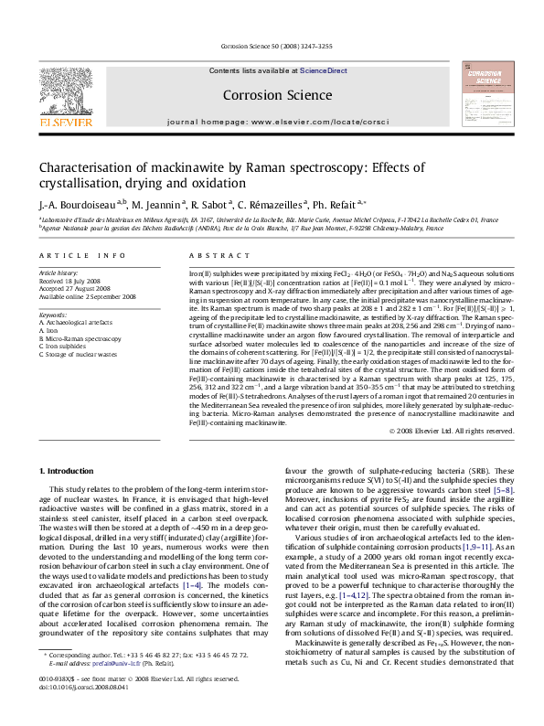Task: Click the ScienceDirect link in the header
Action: pos(324,70)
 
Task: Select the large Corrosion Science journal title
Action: pos(272,95)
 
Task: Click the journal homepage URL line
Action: pos(272,121)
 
